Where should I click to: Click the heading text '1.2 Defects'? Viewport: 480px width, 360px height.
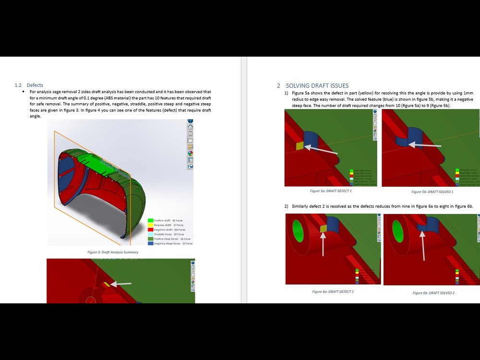pos(29,85)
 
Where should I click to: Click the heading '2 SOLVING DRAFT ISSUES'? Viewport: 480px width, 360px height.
pos(312,86)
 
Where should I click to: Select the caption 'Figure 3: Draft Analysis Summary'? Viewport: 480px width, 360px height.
pos(113,252)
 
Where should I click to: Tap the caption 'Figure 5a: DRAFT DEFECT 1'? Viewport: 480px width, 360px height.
pos(331,191)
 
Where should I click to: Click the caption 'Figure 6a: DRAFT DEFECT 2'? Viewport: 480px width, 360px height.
pos(333,291)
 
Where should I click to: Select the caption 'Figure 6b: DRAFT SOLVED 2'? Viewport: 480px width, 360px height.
pos(433,293)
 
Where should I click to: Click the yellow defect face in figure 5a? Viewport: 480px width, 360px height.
pos(300,145)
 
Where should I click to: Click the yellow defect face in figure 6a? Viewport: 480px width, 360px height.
pos(324,228)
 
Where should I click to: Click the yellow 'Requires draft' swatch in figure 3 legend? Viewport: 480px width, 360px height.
pos(150,225)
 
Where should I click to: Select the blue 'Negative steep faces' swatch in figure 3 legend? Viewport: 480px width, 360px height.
pos(150,243)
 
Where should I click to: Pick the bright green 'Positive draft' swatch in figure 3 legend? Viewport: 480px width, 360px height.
pos(150,220)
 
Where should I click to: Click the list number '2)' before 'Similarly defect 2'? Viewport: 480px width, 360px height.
pos(286,206)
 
